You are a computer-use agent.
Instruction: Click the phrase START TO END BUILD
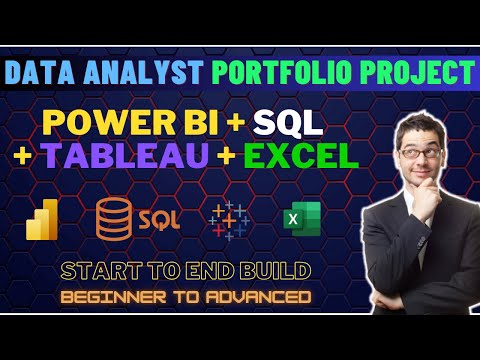185,270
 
